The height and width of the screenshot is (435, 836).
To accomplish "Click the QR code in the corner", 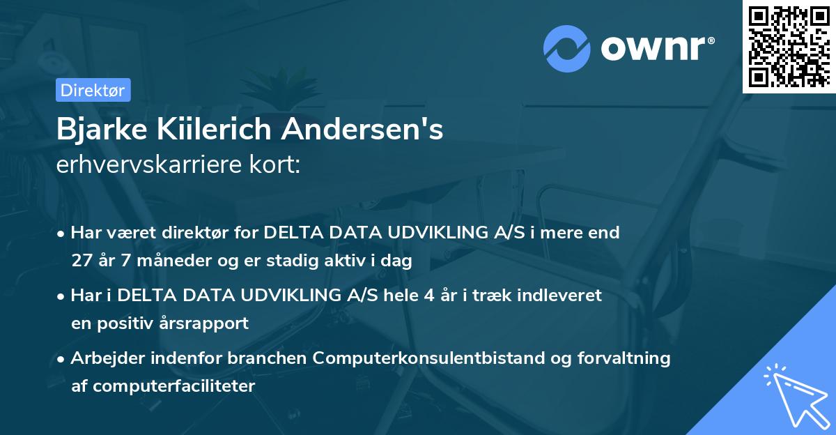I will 788,47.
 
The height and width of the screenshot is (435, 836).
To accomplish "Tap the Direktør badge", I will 93,90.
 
